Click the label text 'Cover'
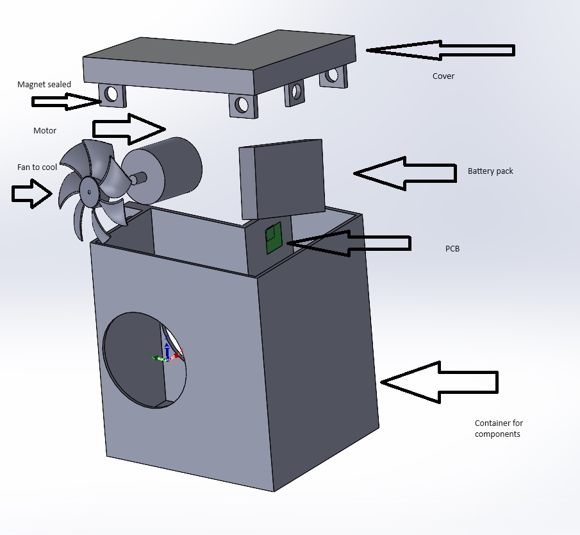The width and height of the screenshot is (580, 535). coord(443,76)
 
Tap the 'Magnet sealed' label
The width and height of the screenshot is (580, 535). coord(44,85)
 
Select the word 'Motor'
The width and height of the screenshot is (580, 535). coord(45,131)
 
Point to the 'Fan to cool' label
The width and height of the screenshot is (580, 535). coord(37,167)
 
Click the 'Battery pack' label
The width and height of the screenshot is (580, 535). coord(490,171)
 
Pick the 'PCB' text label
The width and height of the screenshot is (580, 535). coord(452,248)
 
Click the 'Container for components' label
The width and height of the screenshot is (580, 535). coord(499,429)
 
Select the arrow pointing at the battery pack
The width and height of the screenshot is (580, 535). coord(404,173)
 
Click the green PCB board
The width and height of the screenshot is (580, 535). coord(274,238)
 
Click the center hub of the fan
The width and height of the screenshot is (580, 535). coord(87,191)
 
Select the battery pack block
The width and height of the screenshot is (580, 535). coord(282,180)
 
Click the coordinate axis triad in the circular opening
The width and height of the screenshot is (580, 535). coord(167,355)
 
